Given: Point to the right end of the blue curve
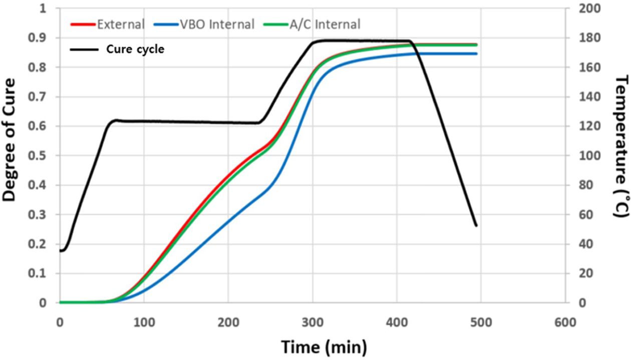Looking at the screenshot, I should (476, 54).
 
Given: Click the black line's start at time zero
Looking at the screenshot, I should (60, 251).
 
